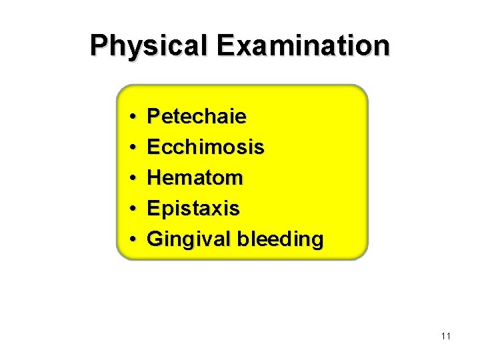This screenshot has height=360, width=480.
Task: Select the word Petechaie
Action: pos(197,117)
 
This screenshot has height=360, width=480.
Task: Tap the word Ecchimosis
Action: pos(205,147)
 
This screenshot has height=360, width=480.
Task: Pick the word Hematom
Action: pos(195,177)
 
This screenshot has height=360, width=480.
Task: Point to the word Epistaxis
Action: pos(193,208)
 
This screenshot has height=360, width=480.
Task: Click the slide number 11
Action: pos(446,336)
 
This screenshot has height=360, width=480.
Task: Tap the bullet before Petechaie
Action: pos(134,117)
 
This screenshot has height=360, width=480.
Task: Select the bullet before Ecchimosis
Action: pos(134,147)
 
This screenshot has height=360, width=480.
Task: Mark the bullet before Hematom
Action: pos(134,178)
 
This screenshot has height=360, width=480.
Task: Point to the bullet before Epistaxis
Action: pos(134,209)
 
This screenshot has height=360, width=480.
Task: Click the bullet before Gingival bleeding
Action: pos(134,239)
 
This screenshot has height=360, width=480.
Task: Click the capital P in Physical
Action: pos(99,46)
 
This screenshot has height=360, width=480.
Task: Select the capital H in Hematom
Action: pos(154,177)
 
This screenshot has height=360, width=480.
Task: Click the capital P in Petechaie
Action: pos(153,117)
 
